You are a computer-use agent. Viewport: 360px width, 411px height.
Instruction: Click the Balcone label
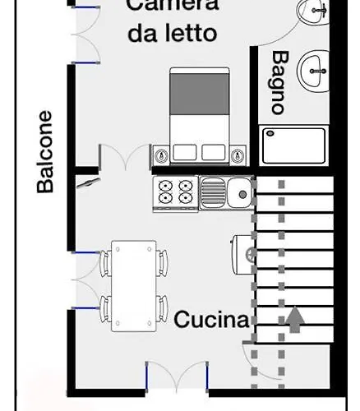point(44,152)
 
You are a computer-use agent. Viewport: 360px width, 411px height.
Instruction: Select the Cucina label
point(211,320)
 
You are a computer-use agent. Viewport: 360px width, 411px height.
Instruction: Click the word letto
point(191,34)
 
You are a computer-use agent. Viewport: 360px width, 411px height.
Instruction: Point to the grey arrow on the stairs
point(295,320)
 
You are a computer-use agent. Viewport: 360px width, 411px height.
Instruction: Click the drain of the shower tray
point(270,133)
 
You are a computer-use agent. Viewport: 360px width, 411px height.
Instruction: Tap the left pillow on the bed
point(185,152)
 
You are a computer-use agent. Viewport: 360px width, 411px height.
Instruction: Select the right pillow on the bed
point(214,152)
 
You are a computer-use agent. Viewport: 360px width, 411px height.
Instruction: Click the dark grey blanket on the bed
point(200,94)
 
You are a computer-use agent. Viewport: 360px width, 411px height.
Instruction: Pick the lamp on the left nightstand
point(161,155)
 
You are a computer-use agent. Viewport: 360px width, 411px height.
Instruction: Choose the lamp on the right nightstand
point(238,155)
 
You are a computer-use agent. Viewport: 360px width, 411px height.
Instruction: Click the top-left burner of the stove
point(166,186)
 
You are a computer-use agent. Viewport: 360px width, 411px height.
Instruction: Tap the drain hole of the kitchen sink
point(242,195)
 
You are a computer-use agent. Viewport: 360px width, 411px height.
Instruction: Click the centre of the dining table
point(134,286)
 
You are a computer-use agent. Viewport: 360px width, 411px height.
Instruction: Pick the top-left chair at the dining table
point(105,263)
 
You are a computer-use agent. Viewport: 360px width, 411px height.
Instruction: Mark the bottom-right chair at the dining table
point(162,308)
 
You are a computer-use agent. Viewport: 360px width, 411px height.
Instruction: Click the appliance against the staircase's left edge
point(243,255)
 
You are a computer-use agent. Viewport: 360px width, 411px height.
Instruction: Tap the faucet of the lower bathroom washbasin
point(318,72)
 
